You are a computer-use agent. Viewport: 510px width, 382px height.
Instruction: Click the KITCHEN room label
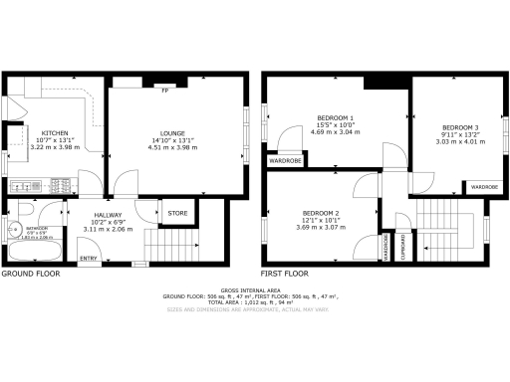tap(54, 132)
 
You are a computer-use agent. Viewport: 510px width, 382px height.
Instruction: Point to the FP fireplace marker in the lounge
tap(164, 91)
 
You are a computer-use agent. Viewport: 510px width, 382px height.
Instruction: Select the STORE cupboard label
tap(177, 213)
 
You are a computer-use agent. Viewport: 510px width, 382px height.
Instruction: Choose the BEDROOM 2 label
tap(323, 215)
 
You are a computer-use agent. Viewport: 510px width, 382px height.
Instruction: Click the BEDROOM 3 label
tap(461, 127)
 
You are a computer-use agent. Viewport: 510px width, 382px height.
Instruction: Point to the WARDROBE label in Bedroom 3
tap(484, 186)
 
